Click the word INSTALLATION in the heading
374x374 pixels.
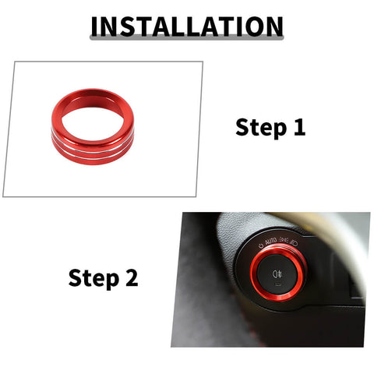187,26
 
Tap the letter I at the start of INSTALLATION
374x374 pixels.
94,26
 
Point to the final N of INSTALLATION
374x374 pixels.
273,26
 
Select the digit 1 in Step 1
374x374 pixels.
299,127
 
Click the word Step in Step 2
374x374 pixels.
93,278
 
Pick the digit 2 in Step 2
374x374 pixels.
132,277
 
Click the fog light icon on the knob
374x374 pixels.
277,273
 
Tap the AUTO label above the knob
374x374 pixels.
270,242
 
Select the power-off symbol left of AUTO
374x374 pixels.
261,245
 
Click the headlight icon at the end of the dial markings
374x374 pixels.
295,243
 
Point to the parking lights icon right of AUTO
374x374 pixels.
284,240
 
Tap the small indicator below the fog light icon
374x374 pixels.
277,285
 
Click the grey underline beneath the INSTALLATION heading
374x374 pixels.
187,38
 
